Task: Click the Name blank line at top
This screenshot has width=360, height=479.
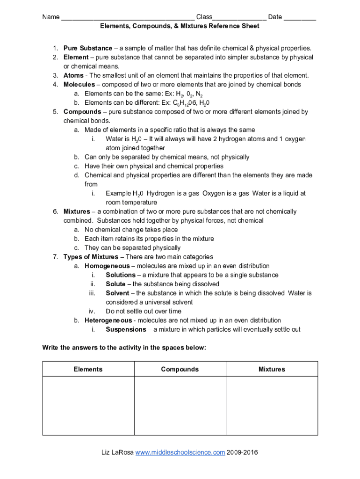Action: [x=128, y=18]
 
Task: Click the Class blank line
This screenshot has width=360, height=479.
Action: [x=239, y=18]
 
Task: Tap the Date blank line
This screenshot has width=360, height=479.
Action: [x=300, y=18]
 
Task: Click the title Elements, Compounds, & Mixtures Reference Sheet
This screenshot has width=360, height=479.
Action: [x=180, y=26]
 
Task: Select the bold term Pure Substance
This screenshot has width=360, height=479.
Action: [x=88, y=48]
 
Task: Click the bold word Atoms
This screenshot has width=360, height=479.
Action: [x=73, y=75]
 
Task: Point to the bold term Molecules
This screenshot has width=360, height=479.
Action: [x=79, y=85]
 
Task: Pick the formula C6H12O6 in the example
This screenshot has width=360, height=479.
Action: [x=181, y=103]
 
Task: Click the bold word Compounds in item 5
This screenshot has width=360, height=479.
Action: [x=82, y=112]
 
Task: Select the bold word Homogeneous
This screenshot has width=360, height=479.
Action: [x=107, y=266]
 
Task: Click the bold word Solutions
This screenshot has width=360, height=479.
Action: [x=120, y=275]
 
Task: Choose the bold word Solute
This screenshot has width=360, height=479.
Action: [x=115, y=284]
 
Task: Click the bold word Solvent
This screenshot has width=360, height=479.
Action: [x=117, y=293]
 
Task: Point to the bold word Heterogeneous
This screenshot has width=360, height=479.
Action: [x=108, y=320]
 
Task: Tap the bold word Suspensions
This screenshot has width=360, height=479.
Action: [x=126, y=329]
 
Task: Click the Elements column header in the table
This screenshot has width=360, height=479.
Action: [x=88, y=369]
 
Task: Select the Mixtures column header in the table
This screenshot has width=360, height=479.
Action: [x=272, y=369]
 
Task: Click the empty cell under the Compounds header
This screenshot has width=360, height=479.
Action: [x=180, y=406]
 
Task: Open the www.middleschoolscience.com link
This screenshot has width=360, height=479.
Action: [x=180, y=452]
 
